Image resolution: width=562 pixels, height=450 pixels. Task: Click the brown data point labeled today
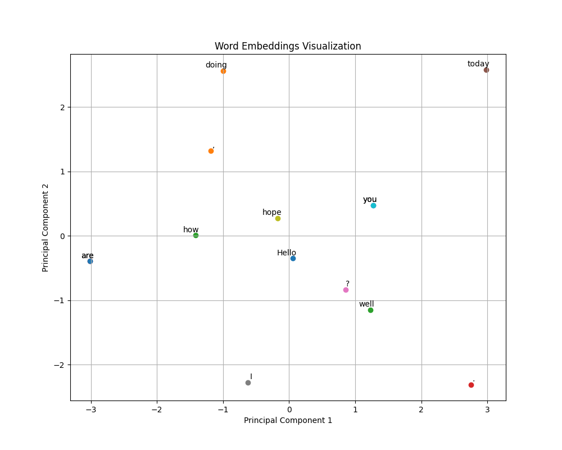pyautogui.click(x=486, y=70)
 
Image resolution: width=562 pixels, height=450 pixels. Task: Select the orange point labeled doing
pyautogui.click(x=223, y=71)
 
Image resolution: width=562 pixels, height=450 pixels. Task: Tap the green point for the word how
pyautogui.click(x=196, y=235)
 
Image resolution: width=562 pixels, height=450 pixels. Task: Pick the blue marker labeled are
pyautogui.click(x=90, y=261)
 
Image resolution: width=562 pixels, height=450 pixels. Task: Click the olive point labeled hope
pyautogui.click(x=278, y=218)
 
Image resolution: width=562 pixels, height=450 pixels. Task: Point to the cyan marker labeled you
pyautogui.click(x=373, y=205)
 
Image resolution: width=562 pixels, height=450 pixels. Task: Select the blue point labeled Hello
pyautogui.click(x=293, y=258)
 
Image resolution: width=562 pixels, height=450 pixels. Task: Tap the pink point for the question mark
pyautogui.click(x=346, y=290)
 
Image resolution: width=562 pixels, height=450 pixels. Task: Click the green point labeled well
pyautogui.click(x=370, y=310)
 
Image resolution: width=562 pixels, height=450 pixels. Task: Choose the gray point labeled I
pyautogui.click(x=248, y=382)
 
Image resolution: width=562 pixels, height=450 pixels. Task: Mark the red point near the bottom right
pyautogui.click(x=471, y=385)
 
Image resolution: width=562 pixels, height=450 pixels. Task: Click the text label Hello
pyautogui.click(x=287, y=253)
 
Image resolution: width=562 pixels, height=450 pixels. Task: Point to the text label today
pyautogui.click(x=478, y=64)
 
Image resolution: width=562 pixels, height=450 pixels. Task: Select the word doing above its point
pyautogui.click(x=216, y=65)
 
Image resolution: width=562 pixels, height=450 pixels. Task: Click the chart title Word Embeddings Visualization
pyautogui.click(x=288, y=47)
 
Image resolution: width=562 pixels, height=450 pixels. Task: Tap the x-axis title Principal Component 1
pyautogui.click(x=288, y=420)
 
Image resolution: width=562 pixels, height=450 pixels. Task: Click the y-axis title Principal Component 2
pyautogui.click(x=46, y=228)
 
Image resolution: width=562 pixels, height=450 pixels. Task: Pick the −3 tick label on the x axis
pyautogui.click(x=90, y=410)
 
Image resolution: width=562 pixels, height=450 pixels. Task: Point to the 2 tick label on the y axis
pyautogui.click(x=62, y=107)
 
